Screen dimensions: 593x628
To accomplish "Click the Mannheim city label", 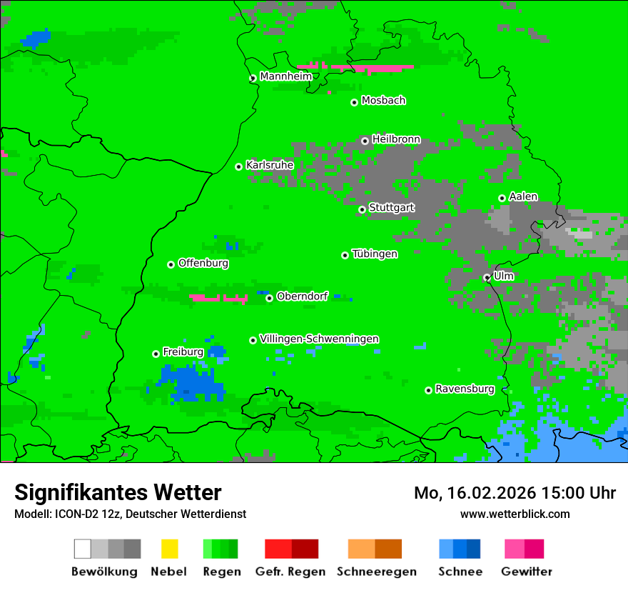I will (285, 76).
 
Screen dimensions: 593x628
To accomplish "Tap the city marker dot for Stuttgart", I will (363, 209).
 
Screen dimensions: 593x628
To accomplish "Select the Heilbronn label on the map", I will (396, 139).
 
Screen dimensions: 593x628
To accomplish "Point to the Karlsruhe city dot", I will (239, 166).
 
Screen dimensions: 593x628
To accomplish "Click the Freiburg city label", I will (183, 352).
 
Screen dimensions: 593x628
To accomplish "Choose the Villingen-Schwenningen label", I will (319, 339).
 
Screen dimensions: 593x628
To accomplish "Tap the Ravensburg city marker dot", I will (428, 390).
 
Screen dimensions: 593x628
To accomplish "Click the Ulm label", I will (503, 276).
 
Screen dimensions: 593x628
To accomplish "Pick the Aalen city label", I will (523, 196).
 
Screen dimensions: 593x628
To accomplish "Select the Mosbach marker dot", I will (354, 102).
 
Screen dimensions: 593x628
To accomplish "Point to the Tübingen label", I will (375, 254).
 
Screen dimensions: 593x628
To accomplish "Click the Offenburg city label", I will (203, 263).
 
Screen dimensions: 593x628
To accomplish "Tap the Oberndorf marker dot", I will (269, 298).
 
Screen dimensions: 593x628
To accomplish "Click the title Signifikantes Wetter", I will (118, 492).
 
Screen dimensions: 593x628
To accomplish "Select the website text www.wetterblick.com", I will (515, 514).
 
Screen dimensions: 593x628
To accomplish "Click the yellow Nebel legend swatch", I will (169, 549).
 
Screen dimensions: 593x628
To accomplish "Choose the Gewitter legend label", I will (526, 572).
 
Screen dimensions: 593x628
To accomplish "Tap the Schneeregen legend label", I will (375, 572).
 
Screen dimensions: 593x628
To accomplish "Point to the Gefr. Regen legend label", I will (290, 572).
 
